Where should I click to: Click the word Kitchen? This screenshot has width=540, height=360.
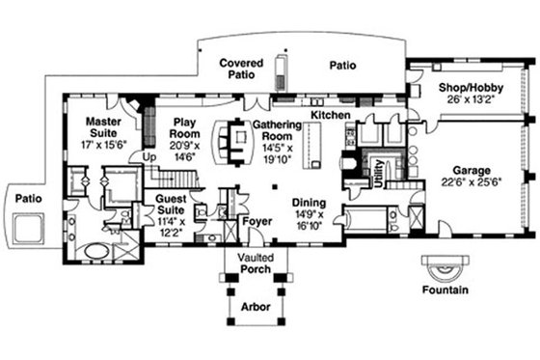coord(330,116)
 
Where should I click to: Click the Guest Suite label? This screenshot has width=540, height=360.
coord(174,204)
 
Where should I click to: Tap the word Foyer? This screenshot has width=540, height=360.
coord(256,221)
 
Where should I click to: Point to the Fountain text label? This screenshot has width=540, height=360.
coord(445,290)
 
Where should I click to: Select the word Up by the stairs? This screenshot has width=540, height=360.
coord(148,154)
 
